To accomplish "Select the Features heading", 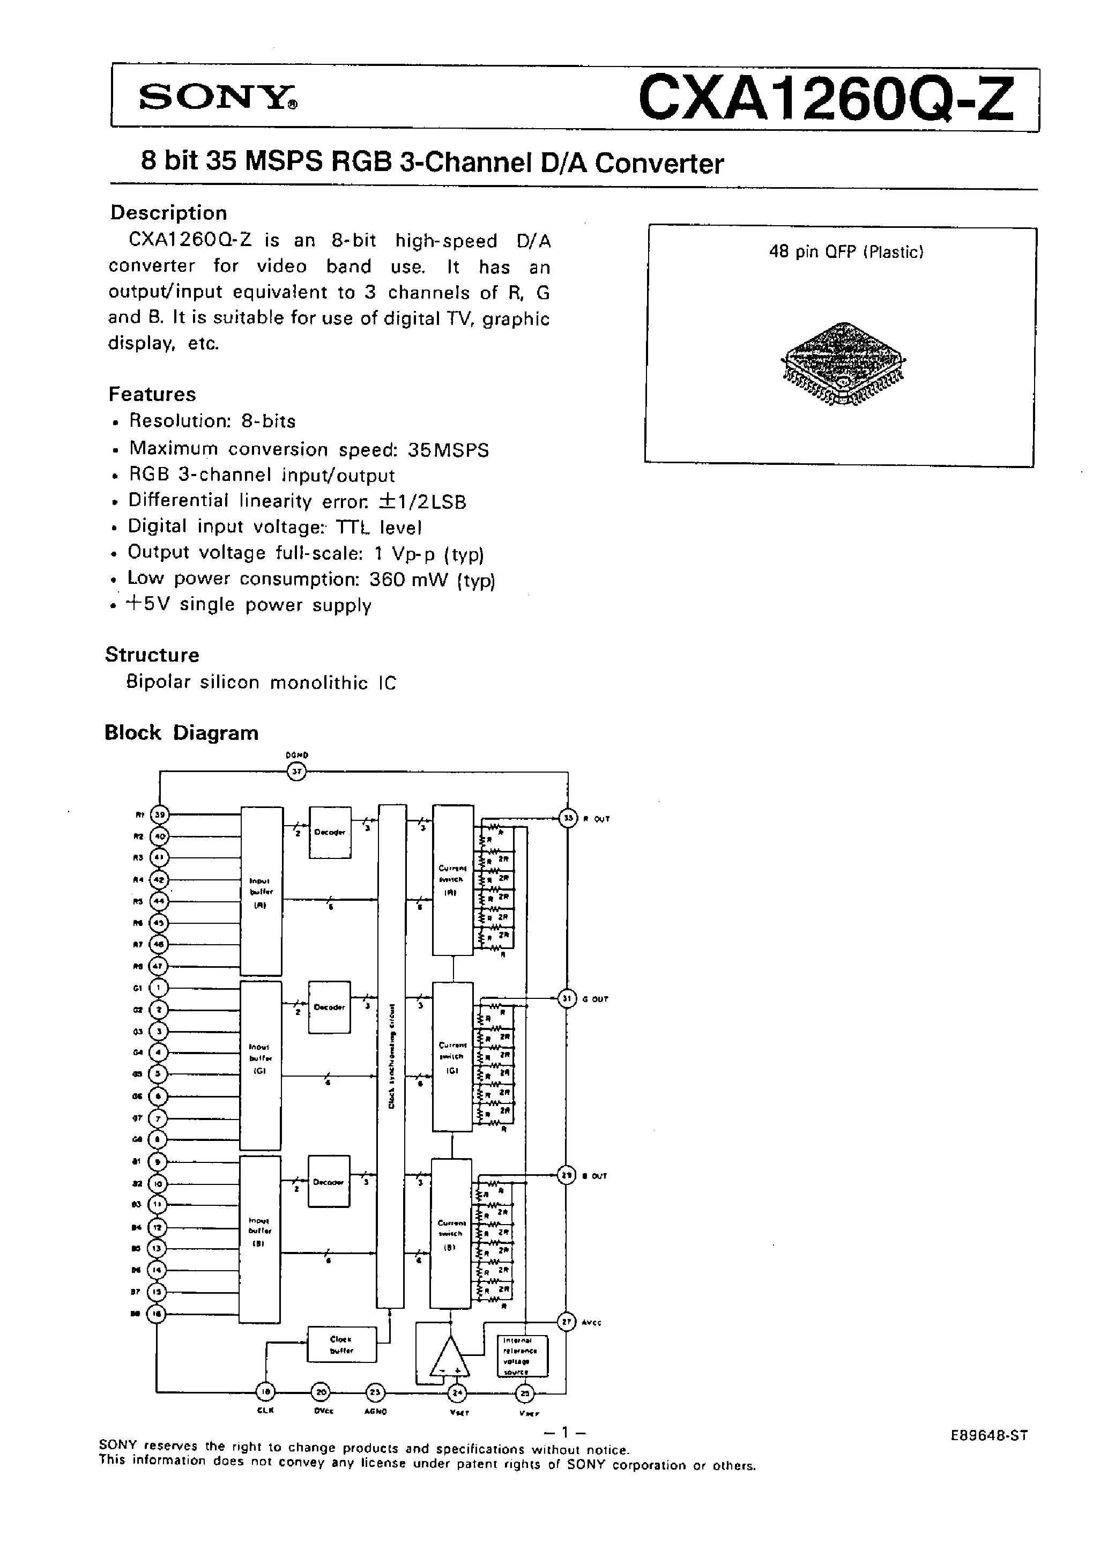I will [x=152, y=394].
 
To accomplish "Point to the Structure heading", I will [x=152, y=655].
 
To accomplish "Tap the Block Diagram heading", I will [x=181, y=732].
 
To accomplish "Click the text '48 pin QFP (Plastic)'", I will [x=846, y=252].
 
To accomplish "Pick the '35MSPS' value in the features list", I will [x=448, y=450].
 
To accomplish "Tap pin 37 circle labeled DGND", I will [x=296, y=772].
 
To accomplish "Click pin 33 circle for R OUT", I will [x=568, y=818].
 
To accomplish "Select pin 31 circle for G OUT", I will [x=567, y=998].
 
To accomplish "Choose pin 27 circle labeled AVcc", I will [x=567, y=1322].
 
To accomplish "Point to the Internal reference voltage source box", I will [x=523, y=1356].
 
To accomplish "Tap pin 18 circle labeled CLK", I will [x=265, y=1392].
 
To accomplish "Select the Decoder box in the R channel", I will [x=330, y=832].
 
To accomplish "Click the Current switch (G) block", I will [x=452, y=1057].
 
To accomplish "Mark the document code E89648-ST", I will [x=988, y=1435].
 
